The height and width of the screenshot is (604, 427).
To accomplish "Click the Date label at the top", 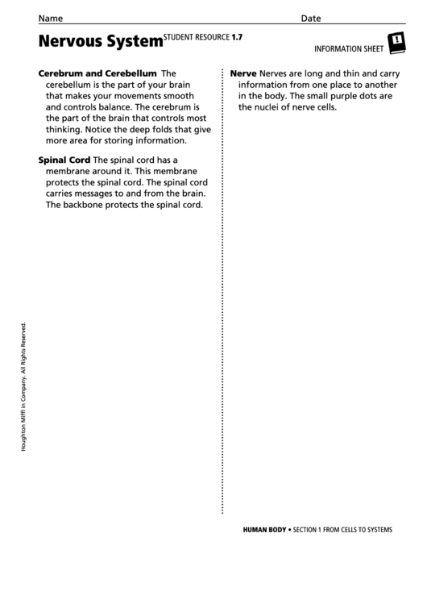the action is point(311,18).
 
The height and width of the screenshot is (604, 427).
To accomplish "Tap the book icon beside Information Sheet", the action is point(397,43).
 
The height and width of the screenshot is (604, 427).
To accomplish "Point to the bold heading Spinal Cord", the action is point(64,160).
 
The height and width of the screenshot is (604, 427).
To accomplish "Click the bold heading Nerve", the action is point(243,73).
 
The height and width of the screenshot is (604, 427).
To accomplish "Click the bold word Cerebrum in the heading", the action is point(64,73).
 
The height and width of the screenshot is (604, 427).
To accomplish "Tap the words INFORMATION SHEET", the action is point(348,48).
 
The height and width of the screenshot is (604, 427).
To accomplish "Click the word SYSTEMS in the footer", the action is point(375,530).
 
